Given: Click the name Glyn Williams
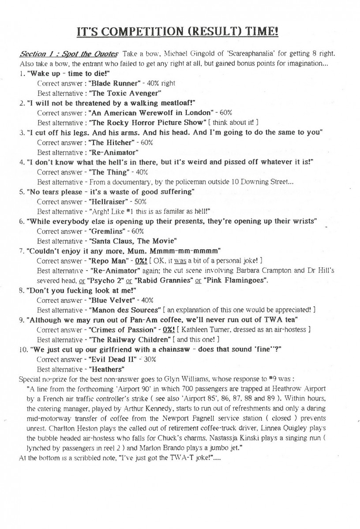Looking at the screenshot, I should pyautogui.click(x=195, y=379).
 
